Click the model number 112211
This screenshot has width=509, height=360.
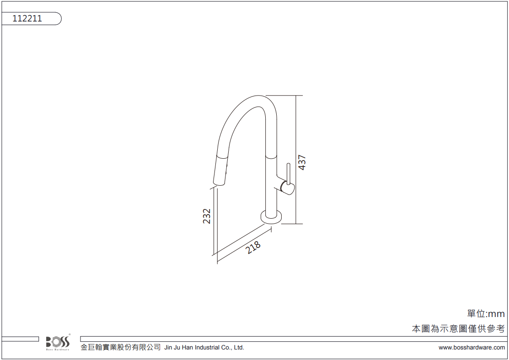[x=27, y=18]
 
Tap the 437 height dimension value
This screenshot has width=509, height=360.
[x=302, y=162]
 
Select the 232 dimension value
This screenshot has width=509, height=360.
[x=206, y=216]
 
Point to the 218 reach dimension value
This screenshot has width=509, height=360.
[x=253, y=247]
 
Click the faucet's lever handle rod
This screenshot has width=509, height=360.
[x=289, y=174]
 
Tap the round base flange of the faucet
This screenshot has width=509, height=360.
[x=271, y=216]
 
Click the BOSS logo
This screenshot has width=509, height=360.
[x=58, y=343]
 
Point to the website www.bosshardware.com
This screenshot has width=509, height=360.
[x=471, y=348]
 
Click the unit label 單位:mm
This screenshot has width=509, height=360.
[x=486, y=314]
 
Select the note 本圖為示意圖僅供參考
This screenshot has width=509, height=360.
[x=458, y=329]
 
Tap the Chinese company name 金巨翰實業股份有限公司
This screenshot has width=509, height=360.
[x=121, y=347]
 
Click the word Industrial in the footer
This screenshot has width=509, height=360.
[x=207, y=348]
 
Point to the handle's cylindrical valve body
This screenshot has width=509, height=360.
[x=287, y=188]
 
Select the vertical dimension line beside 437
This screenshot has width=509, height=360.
[x=296, y=160]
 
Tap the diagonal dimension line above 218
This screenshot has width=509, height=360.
[x=244, y=244]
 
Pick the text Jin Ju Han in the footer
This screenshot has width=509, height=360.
[x=178, y=348]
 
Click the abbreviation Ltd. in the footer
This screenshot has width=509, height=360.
[x=239, y=348]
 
